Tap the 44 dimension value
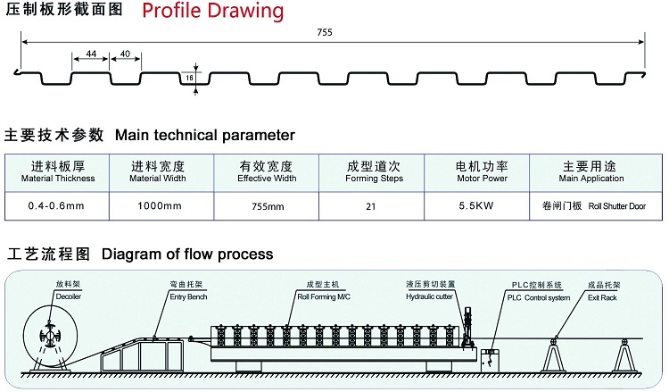[91, 54]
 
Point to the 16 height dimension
[190, 78]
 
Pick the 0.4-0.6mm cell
[56, 206]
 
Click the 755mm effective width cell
[267, 206]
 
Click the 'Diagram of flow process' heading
[187, 254]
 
